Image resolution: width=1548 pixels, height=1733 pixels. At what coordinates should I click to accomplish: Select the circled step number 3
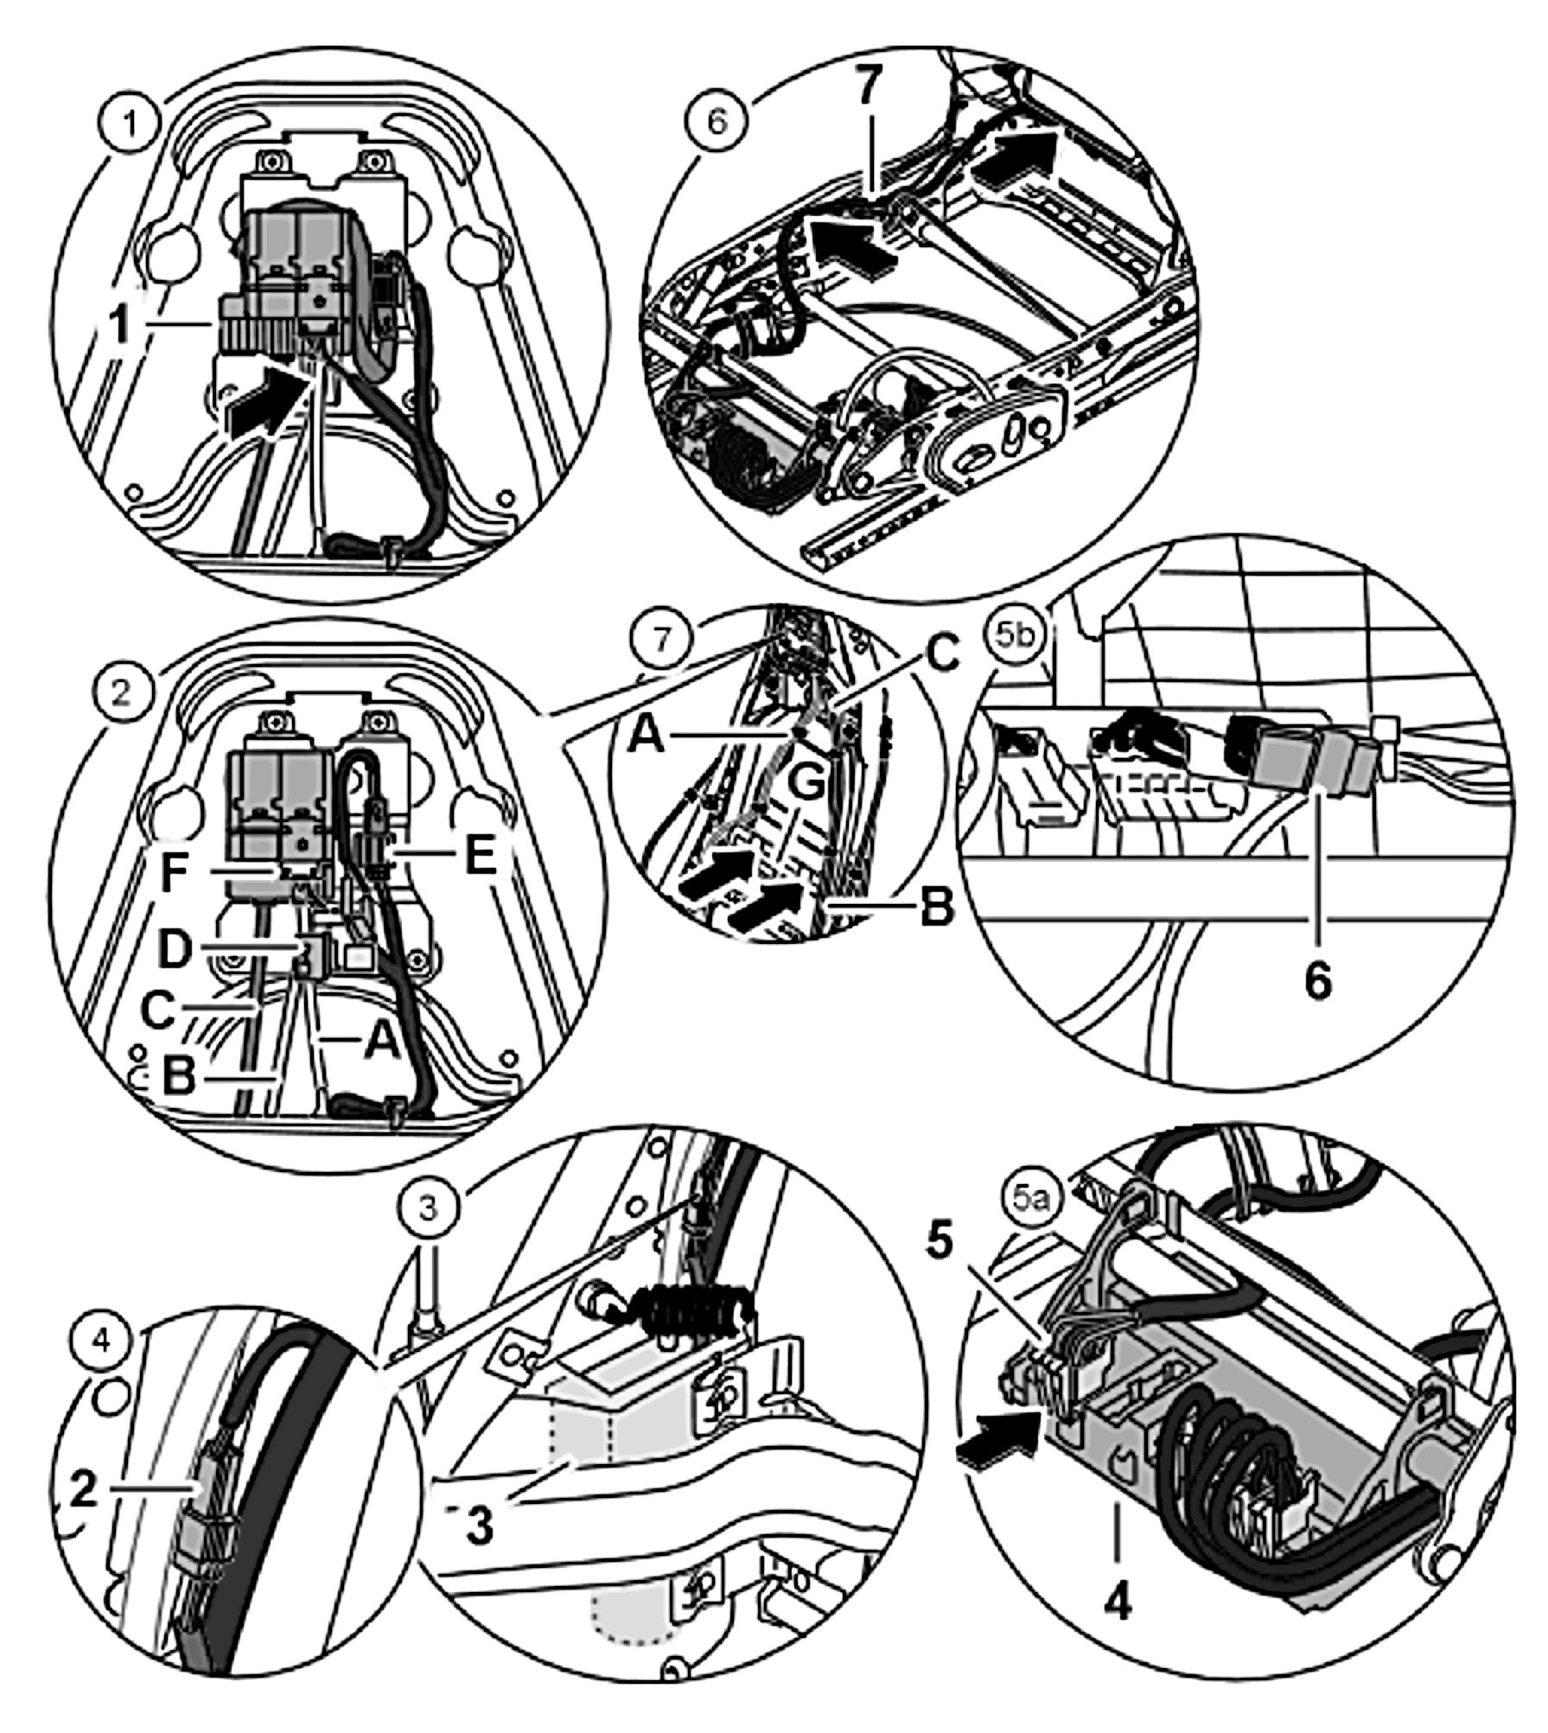tap(430, 1208)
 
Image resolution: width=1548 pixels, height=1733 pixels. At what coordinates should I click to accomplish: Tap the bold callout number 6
tap(1317, 983)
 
